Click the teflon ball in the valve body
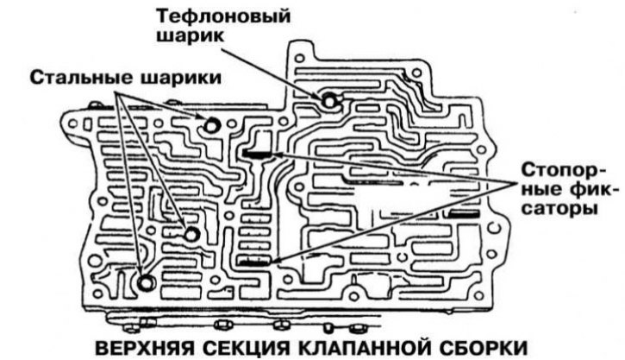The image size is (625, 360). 330,100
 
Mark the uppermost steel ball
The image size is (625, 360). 213,125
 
